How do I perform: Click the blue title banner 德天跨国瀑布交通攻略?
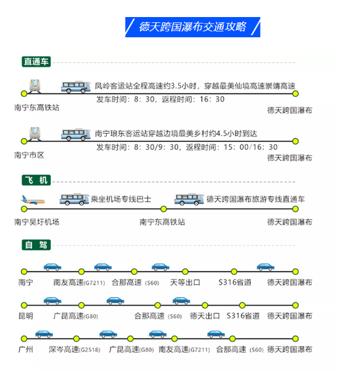tap(192, 27)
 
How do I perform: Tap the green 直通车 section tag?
tap(36, 62)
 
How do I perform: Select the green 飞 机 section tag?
tap(36, 180)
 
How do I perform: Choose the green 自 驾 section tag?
tap(36, 245)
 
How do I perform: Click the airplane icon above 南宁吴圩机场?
tap(33, 200)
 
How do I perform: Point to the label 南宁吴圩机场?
tap(37, 222)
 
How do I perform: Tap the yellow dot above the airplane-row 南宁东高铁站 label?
tap(164, 209)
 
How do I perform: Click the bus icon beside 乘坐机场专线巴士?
tap(74, 199)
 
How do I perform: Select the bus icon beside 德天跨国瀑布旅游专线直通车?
tap(189, 199)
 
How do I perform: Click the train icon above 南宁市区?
tap(35, 134)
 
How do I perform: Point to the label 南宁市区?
tap(29, 155)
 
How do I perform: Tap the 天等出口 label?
tap(185, 283)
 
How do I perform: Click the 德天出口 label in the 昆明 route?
tap(205, 316)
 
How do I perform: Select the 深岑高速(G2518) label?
tap(75, 349)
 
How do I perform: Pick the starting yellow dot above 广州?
tap(24, 339)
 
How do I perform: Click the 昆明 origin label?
tap(26, 316)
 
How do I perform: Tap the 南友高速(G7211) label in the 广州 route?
tap(184, 349)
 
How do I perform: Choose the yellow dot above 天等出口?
tap(185, 272)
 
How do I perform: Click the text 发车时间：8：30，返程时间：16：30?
tap(160, 99)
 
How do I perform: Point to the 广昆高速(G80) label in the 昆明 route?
tap(75, 316)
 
